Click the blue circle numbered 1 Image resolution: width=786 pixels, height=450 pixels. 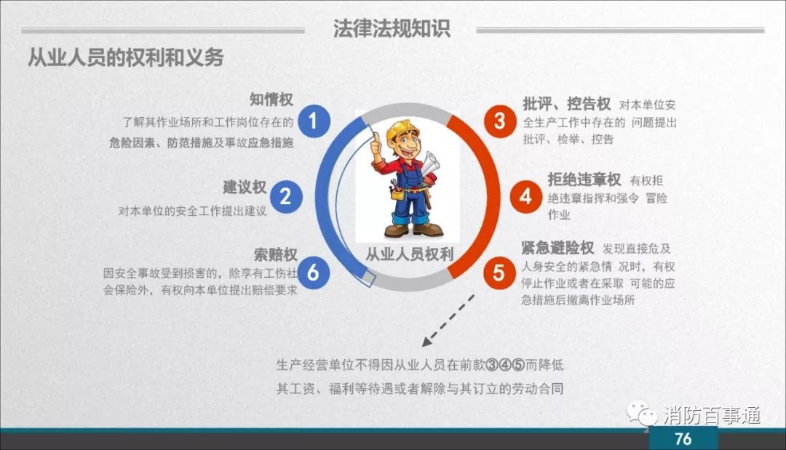point(314,121)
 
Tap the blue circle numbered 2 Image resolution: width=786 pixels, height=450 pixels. point(286,196)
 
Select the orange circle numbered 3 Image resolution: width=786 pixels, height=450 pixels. point(500,121)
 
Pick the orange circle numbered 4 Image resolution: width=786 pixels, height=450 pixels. point(526,196)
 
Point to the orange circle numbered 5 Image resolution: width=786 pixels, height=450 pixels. point(499,273)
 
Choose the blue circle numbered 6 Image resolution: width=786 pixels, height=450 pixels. point(313,273)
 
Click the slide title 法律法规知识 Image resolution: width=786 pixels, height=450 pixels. point(392,28)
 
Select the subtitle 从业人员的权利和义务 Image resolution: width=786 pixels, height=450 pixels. point(125,57)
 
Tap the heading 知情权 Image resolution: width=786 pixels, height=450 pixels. point(271,100)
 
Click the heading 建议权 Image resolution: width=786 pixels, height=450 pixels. point(245,188)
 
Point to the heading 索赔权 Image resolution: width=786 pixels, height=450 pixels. point(276,254)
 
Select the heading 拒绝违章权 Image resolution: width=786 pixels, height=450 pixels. point(584,179)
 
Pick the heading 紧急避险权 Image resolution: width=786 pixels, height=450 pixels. point(557,247)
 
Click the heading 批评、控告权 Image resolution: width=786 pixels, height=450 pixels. point(567,104)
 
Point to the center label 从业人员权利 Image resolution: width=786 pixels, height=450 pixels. point(409,254)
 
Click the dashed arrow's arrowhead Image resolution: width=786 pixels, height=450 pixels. point(426,342)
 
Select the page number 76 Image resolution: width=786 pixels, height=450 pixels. point(683,438)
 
